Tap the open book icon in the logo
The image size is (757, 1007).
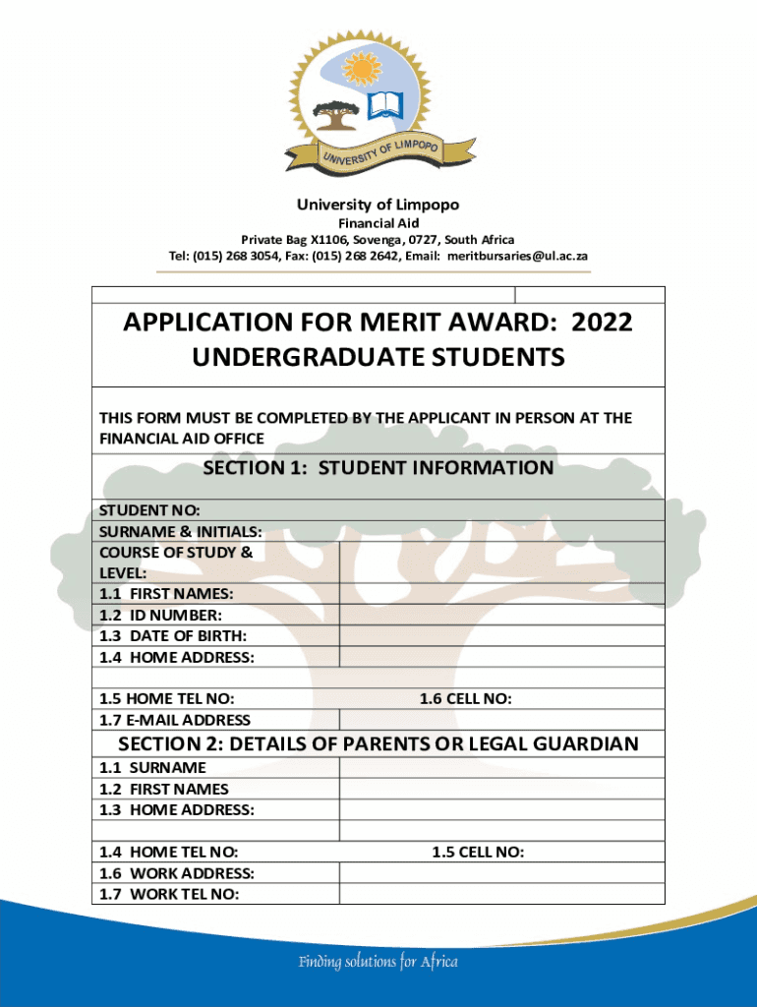[385, 105]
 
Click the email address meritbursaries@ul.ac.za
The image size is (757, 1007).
[517, 256]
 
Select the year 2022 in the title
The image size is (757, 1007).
[602, 323]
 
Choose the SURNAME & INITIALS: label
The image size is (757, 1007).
[180, 531]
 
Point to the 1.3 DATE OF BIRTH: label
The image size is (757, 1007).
[173, 636]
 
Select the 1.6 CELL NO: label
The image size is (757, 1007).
[465, 699]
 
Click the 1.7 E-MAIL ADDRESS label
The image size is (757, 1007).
[175, 721]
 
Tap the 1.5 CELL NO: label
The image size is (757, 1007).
[477, 852]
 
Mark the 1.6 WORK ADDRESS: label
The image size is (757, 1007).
[177, 873]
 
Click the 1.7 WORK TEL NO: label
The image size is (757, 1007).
[169, 895]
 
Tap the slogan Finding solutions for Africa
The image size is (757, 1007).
[378, 962]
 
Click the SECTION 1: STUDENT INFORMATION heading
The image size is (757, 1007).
[378, 468]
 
